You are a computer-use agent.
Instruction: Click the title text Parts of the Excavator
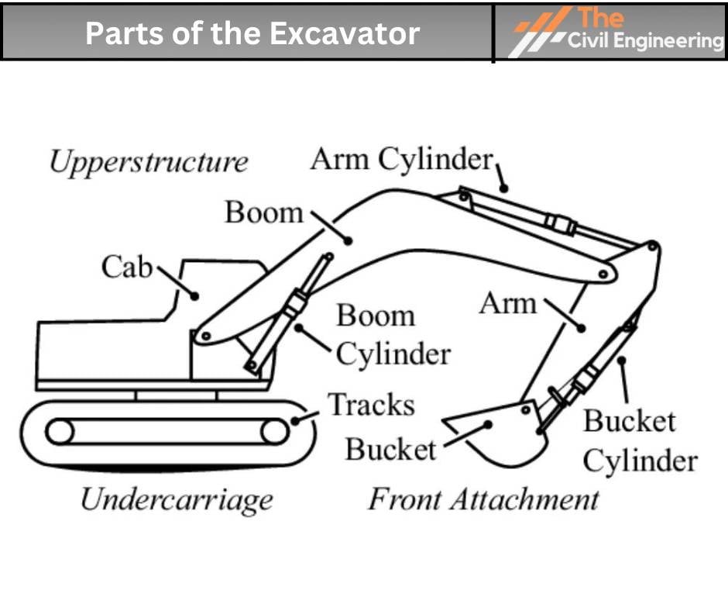pyautogui.click(x=252, y=33)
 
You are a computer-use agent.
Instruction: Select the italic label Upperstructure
pyautogui.click(x=149, y=163)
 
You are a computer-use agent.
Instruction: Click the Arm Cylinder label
pyautogui.click(x=401, y=160)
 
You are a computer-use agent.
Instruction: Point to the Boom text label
pyautogui.click(x=264, y=212)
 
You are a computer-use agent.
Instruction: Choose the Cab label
pyautogui.click(x=127, y=267)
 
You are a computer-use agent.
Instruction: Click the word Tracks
pyautogui.click(x=371, y=405)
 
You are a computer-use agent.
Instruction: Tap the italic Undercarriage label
pyautogui.click(x=177, y=499)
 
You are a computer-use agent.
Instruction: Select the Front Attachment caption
pyautogui.click(x=482, y=499)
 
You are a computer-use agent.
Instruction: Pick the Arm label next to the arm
pyautogui.click(x=507, y=303)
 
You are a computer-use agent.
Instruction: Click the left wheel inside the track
pyautogui.click(x=60, y=431)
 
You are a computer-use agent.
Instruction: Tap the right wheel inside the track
pyautogui.click(x=273, y=431)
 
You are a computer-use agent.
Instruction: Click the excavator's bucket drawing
pyautogui.click(x=500, y=434)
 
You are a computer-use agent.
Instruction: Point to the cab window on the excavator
pyautogui.click(x=217, y=291)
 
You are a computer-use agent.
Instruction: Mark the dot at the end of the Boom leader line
pyautogui.click(x=348, y=240)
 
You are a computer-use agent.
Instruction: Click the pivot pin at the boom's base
pyautogui.click(x=205, y=337)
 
